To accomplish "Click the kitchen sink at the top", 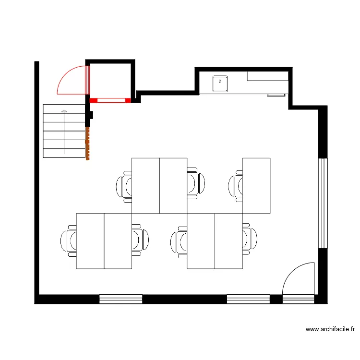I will pos(220,83).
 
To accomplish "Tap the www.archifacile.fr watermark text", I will pos(330,329).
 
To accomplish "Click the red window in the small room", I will pos(110,100).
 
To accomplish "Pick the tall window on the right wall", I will pos(323,203).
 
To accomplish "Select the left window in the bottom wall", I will pos(120,299).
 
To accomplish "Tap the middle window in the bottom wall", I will pos(248,299).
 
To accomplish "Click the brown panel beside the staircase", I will pos(87,143).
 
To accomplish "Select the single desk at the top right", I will pos(256,185).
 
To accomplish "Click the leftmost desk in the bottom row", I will pos(90,241).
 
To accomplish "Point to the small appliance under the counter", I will pos(276,95).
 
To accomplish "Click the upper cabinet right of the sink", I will pos(267,76).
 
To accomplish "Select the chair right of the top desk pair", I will pos(195,183).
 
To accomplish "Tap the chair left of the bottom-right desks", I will pos(179,240).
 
